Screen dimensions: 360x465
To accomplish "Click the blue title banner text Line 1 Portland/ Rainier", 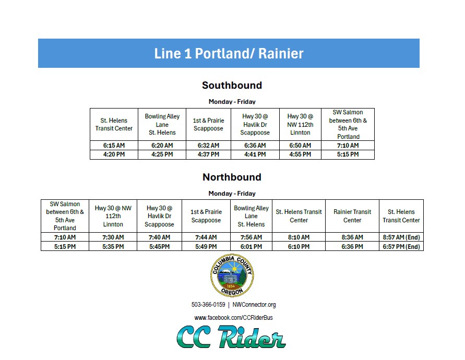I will [229, 53].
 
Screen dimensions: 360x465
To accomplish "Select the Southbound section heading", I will [232, 85].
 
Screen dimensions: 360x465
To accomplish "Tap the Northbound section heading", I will [232, 177].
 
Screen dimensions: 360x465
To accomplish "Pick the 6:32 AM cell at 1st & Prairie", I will [208, 146].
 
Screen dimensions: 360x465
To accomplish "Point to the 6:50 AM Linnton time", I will [300, 146].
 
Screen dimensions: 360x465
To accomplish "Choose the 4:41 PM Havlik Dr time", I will [255, 154].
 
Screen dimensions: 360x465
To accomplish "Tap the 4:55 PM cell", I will [300, 154].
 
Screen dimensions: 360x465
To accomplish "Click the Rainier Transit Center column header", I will [352, 216].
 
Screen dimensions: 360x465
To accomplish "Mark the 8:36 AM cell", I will [352, 237].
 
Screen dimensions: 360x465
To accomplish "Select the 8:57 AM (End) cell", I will [401, 237].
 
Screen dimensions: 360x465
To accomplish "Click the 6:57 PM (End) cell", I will [401, 246].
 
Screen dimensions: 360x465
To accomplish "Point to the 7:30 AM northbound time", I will [113, 237].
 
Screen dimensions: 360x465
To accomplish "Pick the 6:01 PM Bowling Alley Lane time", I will [251, 246].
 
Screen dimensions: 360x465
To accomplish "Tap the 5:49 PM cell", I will [206, 246].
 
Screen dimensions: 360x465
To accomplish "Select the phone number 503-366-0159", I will [208, 305].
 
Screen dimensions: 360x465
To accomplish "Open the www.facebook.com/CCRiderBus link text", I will [233, 317].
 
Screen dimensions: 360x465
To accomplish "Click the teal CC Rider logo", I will [231, 337].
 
